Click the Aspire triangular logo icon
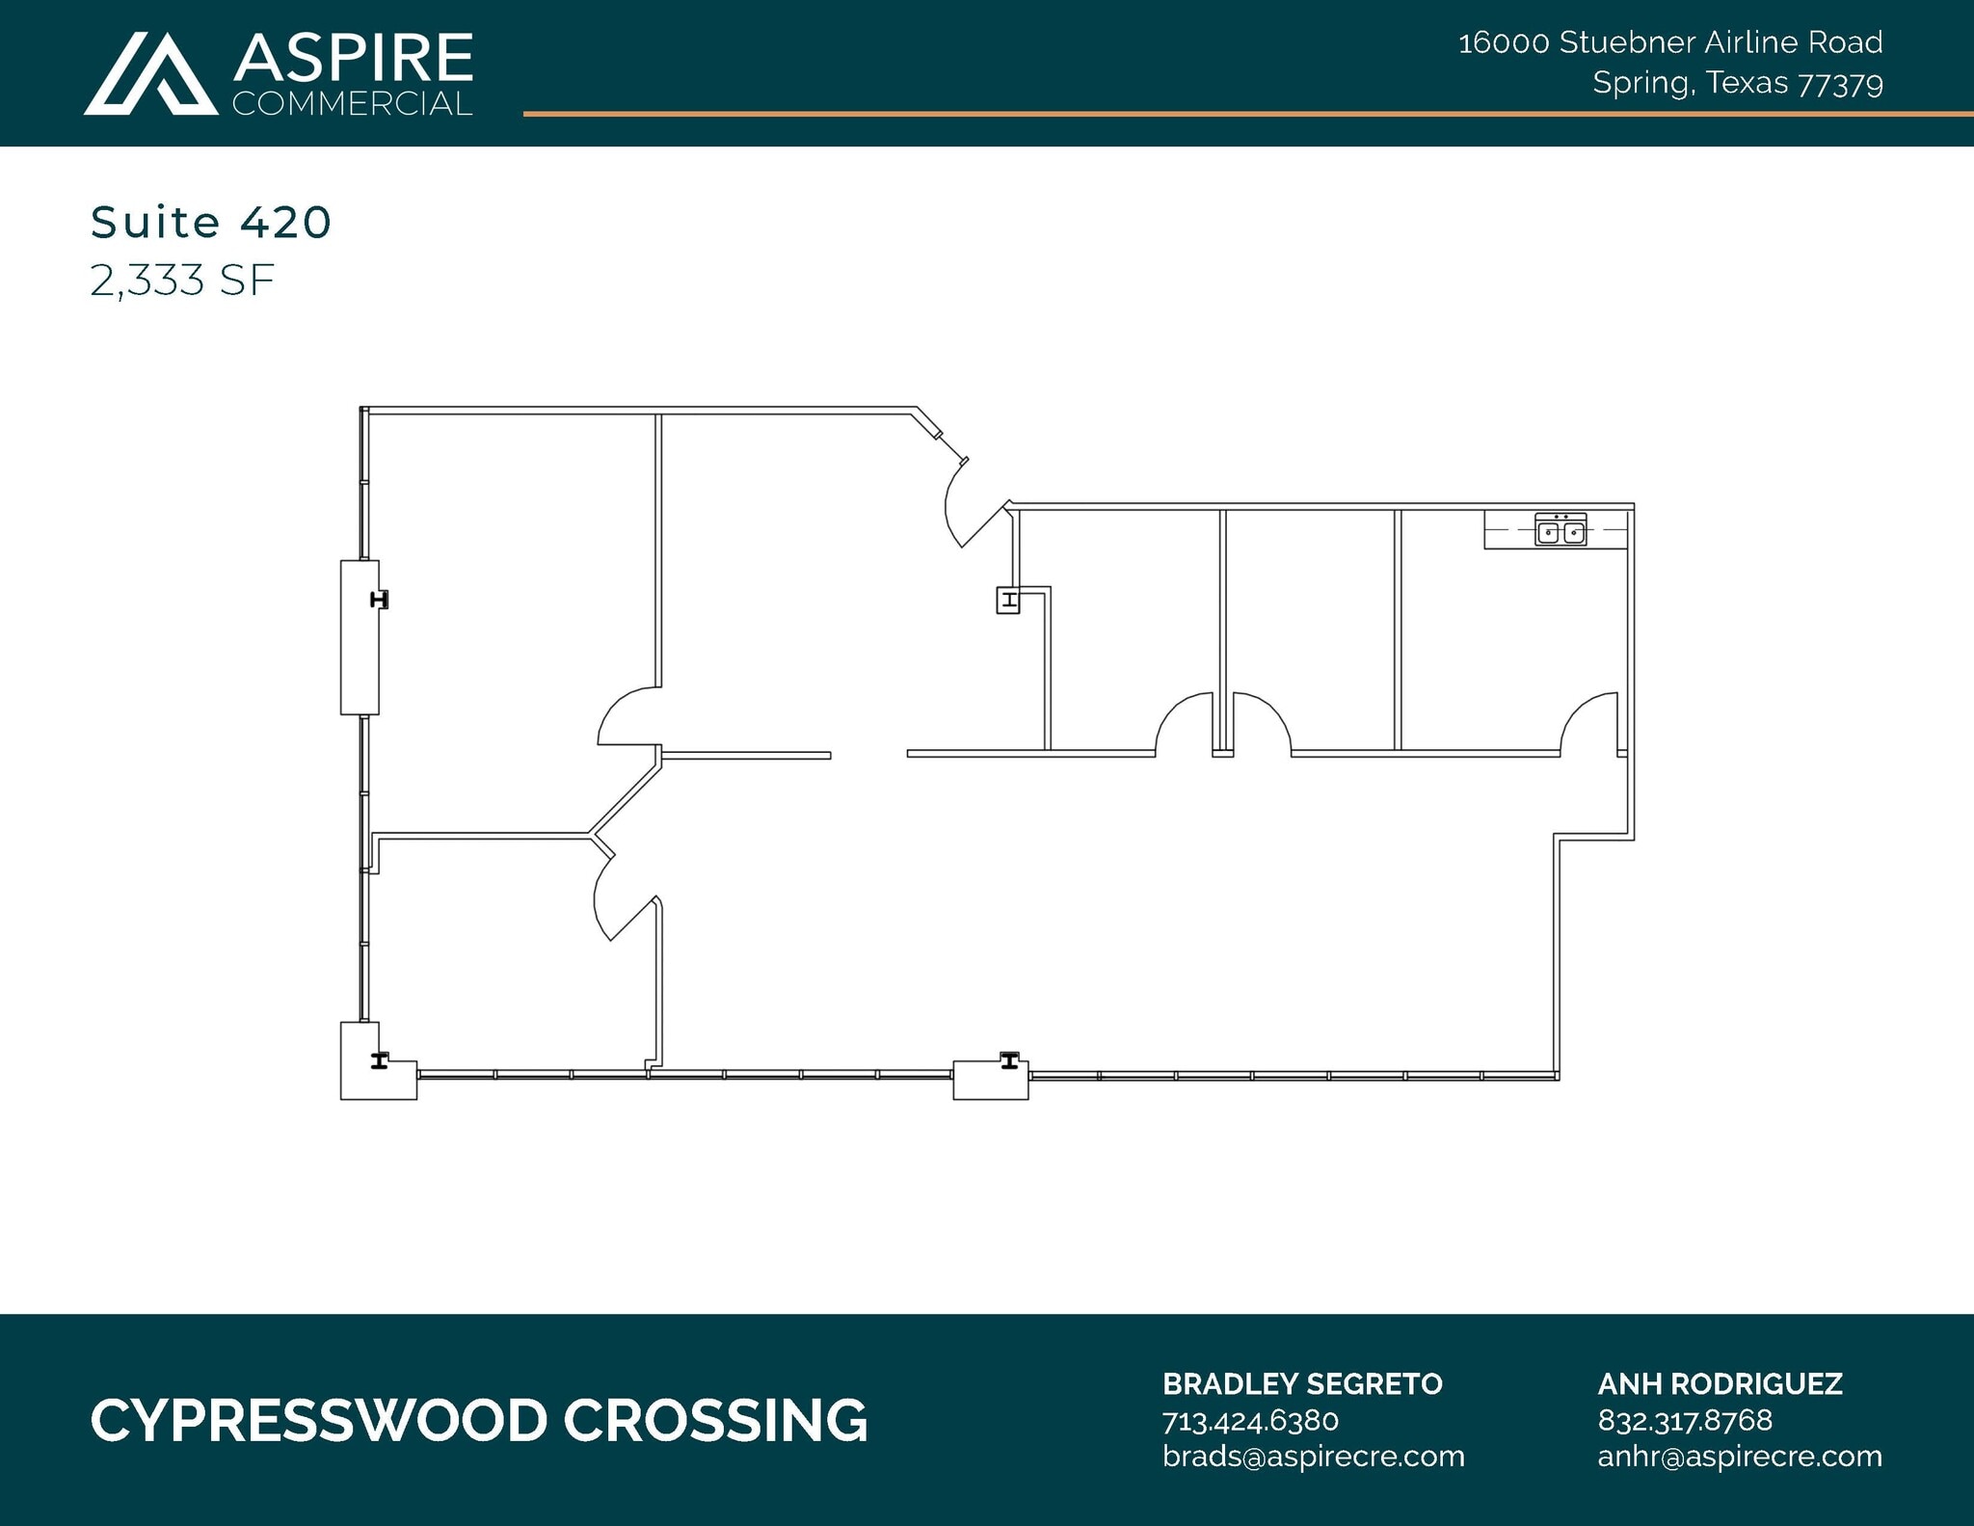click(x=150, y=75)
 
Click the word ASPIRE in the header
click(x=353, y=58)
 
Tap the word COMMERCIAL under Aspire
click(x=353, y=104)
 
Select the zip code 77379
click(x=1840, y=85)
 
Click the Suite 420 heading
click(x=211, y=223)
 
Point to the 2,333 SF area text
click(x=182, y=281)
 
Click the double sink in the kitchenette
click(x=1561, y=531)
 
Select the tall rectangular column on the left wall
click(x=360, y=637)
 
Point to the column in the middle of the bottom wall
click(x=991, y=1078)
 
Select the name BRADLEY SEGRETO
click(x=1302, y=1384)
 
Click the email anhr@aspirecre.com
click(x=1740, y=1456)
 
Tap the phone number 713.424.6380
click(x=1250, y=1421)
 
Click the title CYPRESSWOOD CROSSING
click(x=479, y=1421)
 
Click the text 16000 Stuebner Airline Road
click(x=1669, y=42)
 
